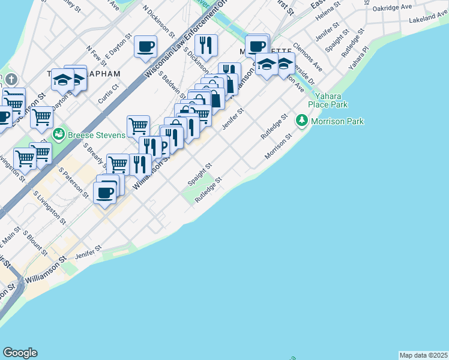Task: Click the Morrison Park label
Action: (x=337, y=122)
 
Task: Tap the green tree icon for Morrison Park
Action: (x=301, y=122)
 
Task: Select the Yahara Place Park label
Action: (x=328, y=100)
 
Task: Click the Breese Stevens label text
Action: (x=97, y=134)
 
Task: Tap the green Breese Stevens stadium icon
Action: (x=59, y=133)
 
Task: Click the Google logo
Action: (x=20, y=353)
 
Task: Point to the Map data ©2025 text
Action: (x=424, y=355)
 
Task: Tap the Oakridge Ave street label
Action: (x=392, y=8)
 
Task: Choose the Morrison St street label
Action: (x=279, y=147)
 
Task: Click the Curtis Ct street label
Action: (x=108, y=93)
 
